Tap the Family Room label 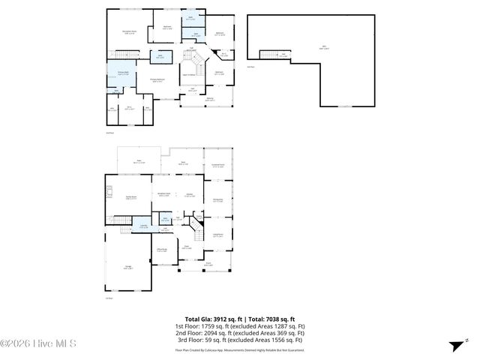tap(130, 198)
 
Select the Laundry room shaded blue tap(142, 226)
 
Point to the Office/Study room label tap(162, 250)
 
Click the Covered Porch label tap(218, 165)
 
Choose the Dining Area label tap(218, 199)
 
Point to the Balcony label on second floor tap(210, 100)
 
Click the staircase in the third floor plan tap(275, 54)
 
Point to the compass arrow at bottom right tap(454, 346)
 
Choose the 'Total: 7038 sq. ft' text tap(271, 319)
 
